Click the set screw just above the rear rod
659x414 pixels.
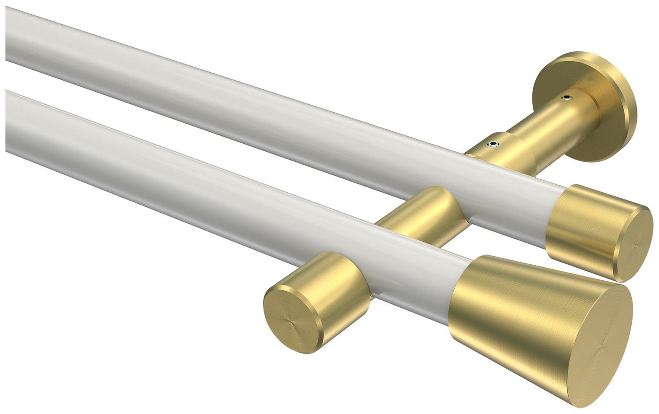(x=492, y=143)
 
